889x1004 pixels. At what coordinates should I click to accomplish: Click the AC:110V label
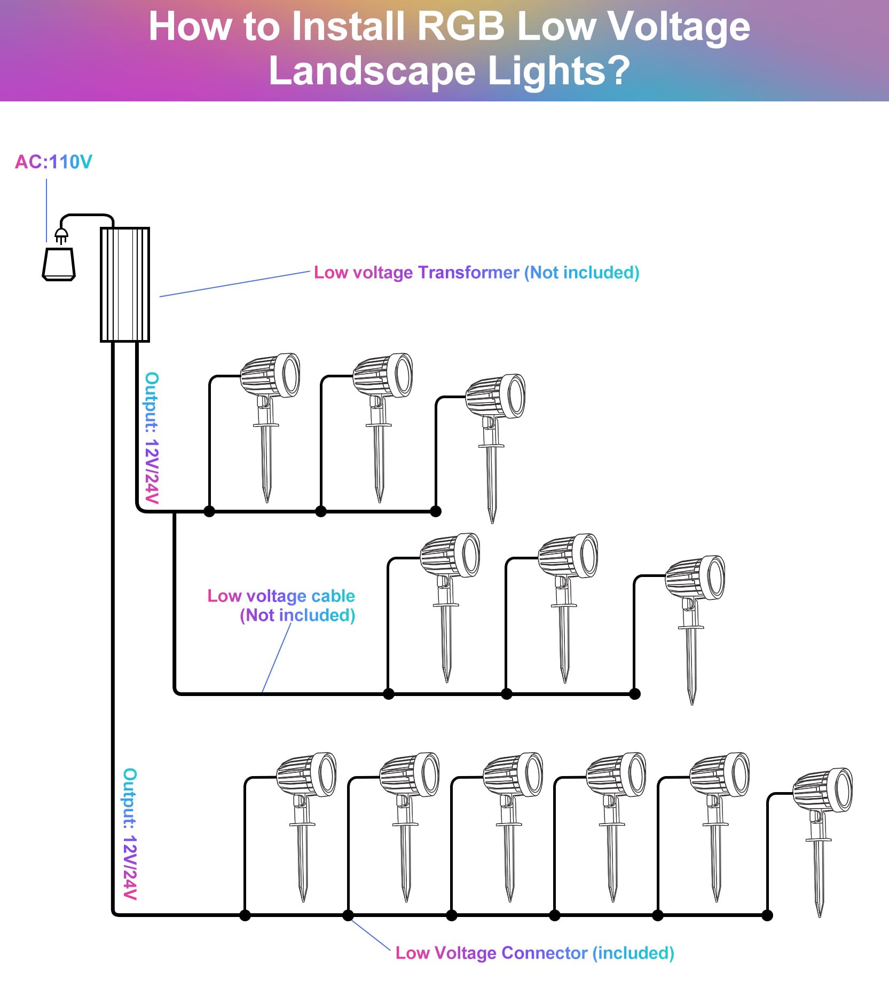tap(53, 162)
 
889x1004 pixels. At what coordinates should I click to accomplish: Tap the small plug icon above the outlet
tap(61, 235)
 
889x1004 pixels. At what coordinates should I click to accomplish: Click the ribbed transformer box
tap(125, 284)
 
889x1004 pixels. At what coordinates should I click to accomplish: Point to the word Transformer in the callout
tap(468, 272)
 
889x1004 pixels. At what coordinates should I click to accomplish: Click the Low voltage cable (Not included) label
tap(281, 605)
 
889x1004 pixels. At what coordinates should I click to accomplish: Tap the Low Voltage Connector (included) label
tap(534, 953)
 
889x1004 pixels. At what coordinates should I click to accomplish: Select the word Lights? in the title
tap(559, 70)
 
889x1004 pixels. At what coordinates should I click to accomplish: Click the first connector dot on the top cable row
tap(209, 511)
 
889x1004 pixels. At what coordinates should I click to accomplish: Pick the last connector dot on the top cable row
tap(436, 511)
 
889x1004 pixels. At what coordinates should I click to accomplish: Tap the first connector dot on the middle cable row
tap(389, 694)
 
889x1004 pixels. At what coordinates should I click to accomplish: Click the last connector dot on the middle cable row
tap(635, 694)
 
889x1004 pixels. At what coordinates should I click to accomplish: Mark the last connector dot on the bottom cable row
tap(767, 915)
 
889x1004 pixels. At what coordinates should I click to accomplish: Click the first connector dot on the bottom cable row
tap(245, 915)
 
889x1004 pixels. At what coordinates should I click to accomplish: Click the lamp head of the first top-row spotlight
tap(270, 375)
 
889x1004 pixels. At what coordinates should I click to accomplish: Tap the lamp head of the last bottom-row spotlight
tap(823, 790)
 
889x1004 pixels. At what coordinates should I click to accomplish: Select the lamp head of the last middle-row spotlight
tap(695, 578)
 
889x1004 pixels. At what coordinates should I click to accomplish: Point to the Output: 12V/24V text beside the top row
tap(152, 438)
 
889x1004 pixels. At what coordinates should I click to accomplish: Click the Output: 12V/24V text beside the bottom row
tap(130, 834)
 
